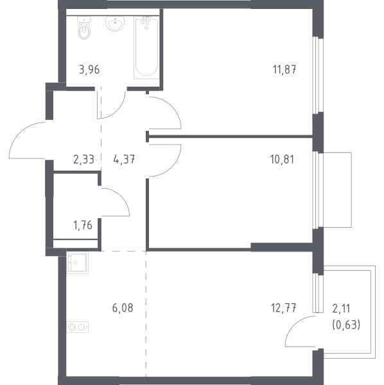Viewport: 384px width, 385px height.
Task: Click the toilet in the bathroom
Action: click(x=84, y=28)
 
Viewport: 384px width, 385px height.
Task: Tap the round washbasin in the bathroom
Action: click(x=115, y=23)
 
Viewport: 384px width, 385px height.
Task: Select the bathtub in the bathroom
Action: click(x=146, y=47)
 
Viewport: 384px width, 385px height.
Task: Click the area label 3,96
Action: click(x=89, y=70)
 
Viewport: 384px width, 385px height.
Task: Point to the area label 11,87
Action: click(x=284, y=69)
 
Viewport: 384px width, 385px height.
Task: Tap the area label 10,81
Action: click(x=282, y=159)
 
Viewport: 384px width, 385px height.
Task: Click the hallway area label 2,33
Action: click(x=83, y=159)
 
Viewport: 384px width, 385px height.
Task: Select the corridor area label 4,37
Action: click(x=124, y=159)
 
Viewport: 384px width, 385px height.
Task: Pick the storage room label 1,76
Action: click(x=83, y=225)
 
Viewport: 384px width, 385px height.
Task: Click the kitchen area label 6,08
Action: click(x=123, y=308)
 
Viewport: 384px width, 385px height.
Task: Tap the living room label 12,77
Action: click(x=284, y=308)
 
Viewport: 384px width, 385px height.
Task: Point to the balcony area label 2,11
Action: click(x=341, y=309)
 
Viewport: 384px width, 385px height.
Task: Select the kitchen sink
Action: click(x=78, y=262)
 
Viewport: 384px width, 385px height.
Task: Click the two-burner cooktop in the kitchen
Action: click(x=78, y=327)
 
